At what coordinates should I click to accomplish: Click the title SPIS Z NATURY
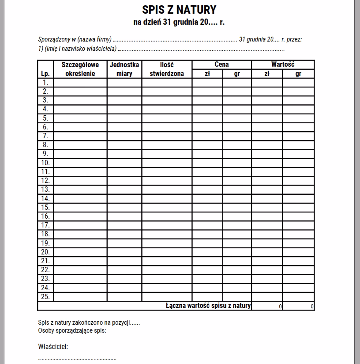click(179, 10)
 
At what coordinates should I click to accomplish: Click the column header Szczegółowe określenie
click(80, 69)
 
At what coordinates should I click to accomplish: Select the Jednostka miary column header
click(124, 69)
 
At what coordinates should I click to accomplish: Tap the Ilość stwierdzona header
click(167, 69)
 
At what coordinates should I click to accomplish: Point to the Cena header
click(221, 64)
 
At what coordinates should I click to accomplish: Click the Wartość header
click(283, 64)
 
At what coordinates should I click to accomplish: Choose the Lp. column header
click(45, 74)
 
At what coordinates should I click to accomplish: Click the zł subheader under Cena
click(207, 74)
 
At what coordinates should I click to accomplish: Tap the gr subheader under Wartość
click(298, 74)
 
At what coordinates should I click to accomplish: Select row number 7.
click(45, 136)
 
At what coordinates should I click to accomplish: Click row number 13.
click(45, 190)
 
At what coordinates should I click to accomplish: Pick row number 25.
click(45, 296)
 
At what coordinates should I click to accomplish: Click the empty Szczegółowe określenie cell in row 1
click(80, 83)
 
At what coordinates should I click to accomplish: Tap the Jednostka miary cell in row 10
click(124, 163)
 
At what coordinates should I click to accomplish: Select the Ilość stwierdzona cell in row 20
click(167, 252)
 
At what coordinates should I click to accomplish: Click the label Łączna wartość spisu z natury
click(208, 305)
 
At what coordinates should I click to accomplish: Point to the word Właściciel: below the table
click(53, 346)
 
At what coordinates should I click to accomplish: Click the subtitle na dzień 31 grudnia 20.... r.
click(179, 22)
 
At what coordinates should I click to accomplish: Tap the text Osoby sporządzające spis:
click(72, 330)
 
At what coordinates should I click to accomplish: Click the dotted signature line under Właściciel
click(77, 359)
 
